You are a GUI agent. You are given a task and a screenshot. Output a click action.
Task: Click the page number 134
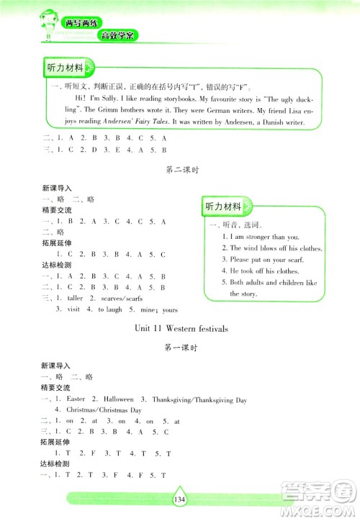click(x=180, y=502)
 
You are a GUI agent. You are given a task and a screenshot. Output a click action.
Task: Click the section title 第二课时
click(x=181, y=170)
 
